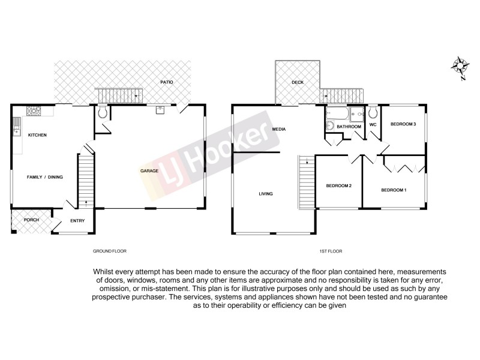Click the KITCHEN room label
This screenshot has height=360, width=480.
pyautogui.click(x=37, y=135)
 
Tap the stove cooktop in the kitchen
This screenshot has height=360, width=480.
pyautogui.click(x=34, y=110)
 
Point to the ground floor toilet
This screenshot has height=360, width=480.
pyautogui.click(x=103, y=112)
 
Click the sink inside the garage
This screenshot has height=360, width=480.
pyautogui.click(x=160, y=110)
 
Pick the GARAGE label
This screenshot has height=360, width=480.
pyautogui.click(x=149, y=171)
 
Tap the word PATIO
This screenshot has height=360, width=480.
pyautogui.click(x=166, y=82)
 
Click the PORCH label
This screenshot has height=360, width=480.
pyautogui.click(x=31, y=220)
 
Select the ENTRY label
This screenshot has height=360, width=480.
pyautogui.click(x=77, y=221)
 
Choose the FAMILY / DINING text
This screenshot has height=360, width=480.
pyautogui.click(x=45, y=177)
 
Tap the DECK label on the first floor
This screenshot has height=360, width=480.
pyautogui.click(x=298, y=83)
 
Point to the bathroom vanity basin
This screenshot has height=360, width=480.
pyautogui.click(x=330, y=125)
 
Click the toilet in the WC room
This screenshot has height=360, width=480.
pyautogui.click(x=373, y=112)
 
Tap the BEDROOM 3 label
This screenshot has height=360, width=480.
pyautogui.click(x=403, y=124)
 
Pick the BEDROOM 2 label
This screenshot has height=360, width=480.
pyautogui.click(x=338, y=185)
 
